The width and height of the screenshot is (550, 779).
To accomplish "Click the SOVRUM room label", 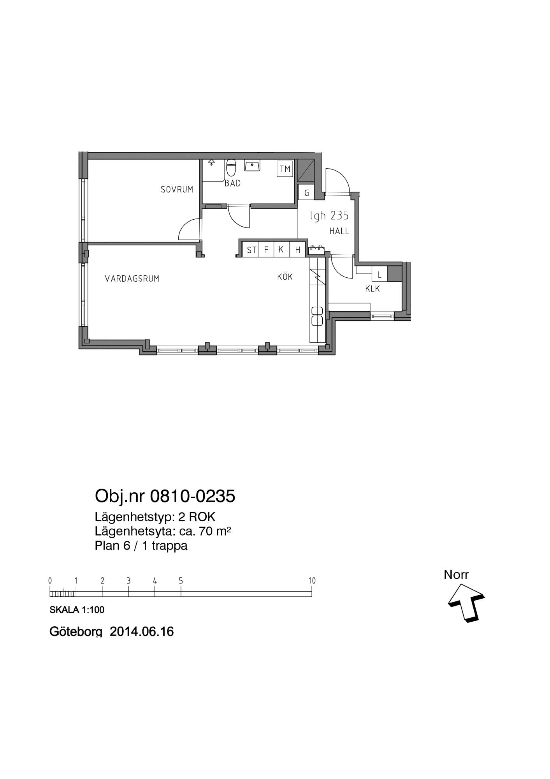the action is click(x=177, y=190).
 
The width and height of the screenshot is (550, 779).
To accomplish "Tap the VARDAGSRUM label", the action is click(x=132, y=278).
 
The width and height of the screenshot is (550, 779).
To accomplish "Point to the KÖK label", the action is click(x=285, y=277).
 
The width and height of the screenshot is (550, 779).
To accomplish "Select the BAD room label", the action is click(x=233, y=183).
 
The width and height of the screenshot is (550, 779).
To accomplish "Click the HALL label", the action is click(x=339, y=231).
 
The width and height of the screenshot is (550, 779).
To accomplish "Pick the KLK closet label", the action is click(x=373, y=289).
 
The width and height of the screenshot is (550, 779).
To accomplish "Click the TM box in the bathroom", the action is click(x=285, y=169).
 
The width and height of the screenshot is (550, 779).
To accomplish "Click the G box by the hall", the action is click(x=306, y=192).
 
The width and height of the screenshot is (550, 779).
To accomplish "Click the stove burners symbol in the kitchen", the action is click(x=318, y=316).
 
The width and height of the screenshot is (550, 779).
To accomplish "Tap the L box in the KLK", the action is click(x=380, y=274).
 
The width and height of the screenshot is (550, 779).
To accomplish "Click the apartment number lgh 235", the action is click(x=329, y=215).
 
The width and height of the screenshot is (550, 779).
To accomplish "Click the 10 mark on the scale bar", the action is click(x=312, y=581).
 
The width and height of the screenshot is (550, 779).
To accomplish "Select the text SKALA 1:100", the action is click(x=77, y=610).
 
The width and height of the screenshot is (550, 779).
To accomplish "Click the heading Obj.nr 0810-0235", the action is click(x=165, y=496).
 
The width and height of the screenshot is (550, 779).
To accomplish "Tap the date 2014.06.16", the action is click(x=142, y=631).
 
